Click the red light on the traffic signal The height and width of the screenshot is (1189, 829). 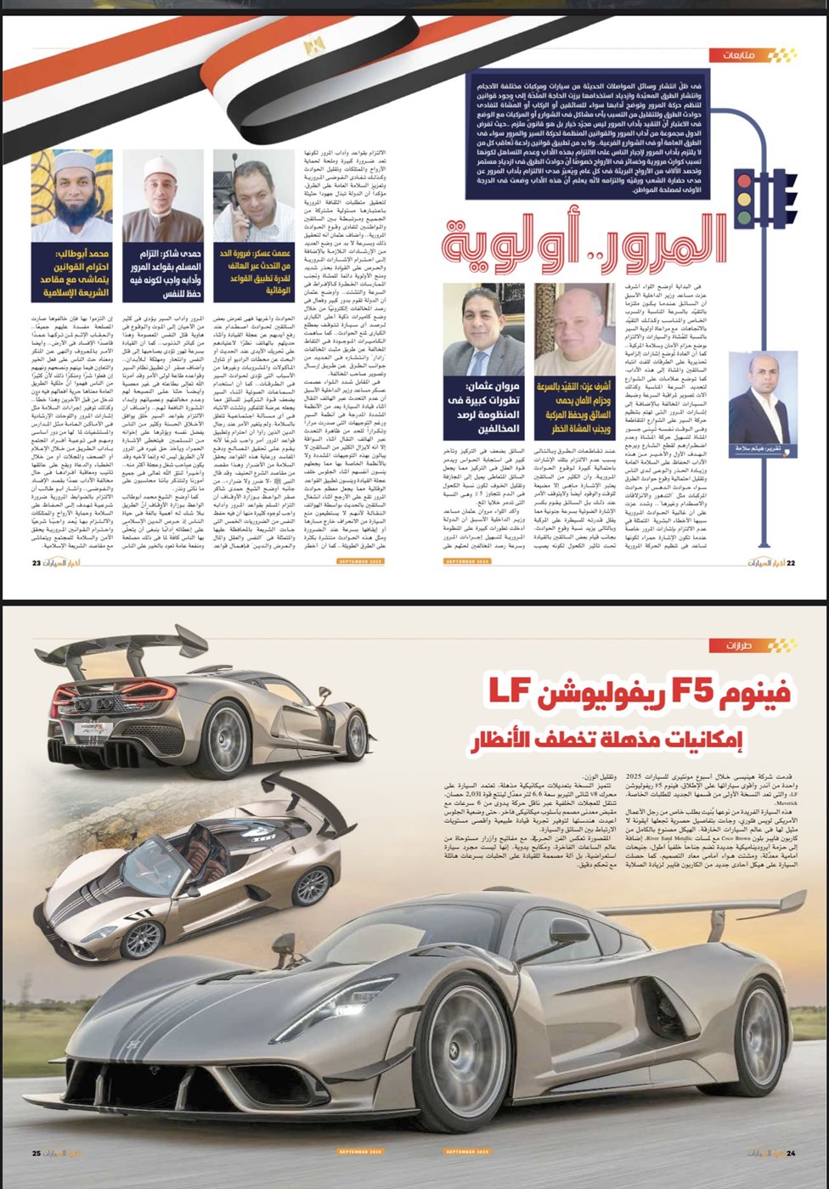tap(746, 181)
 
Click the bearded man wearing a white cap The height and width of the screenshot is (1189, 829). tap(72, 196)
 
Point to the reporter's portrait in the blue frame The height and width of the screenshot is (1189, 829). tap(762, 399)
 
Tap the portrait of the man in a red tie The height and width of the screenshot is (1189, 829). tap(480, 331)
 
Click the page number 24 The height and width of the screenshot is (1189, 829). tap(790, 1152)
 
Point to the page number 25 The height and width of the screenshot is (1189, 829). tap(37, 1152)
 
